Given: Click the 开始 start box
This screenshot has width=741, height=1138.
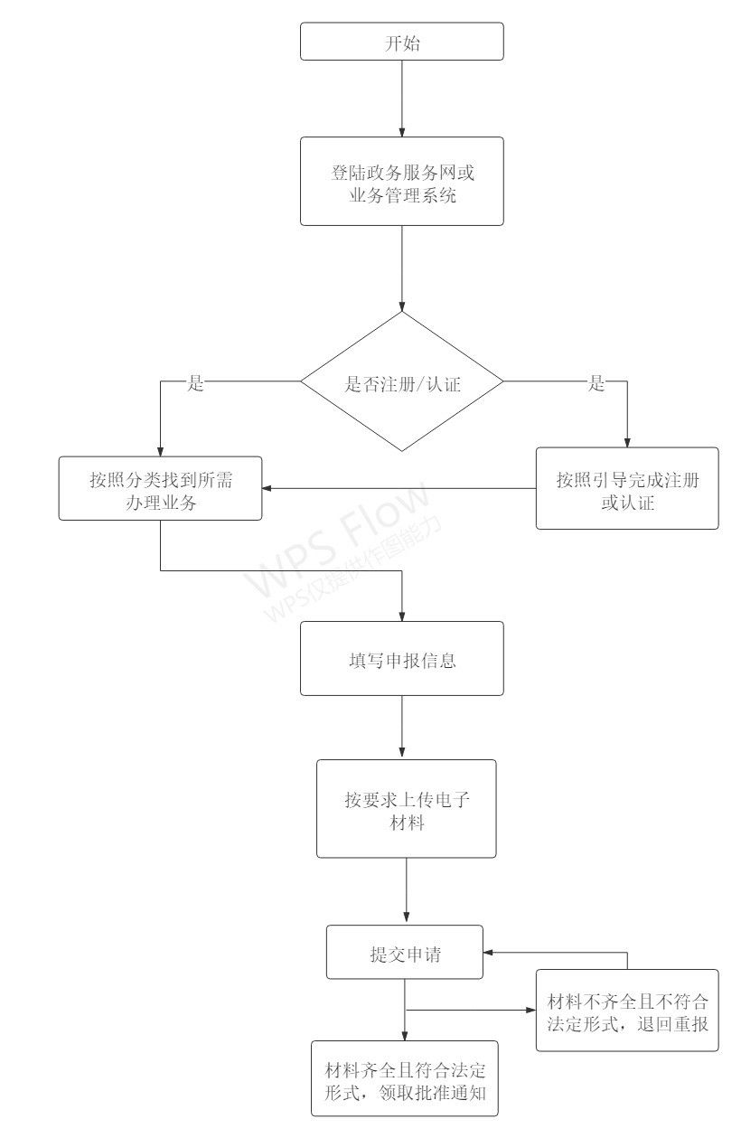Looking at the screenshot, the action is (402, 42).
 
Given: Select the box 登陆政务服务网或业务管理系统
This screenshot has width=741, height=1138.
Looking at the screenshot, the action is (402, 182).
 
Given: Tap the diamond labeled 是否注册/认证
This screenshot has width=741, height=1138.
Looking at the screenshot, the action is (402, 381).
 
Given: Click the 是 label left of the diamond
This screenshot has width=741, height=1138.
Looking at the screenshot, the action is (195, 383).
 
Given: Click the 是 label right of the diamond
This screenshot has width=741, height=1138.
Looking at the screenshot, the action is (596, 383).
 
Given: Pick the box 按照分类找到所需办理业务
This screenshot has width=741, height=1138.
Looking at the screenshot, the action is (161, 488).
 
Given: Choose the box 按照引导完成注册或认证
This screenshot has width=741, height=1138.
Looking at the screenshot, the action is (627, 488).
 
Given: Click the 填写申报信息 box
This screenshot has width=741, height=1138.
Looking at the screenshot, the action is (402, 658).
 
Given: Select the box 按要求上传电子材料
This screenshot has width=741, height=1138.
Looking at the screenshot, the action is (407, 809).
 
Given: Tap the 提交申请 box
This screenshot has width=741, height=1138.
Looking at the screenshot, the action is (405, 952).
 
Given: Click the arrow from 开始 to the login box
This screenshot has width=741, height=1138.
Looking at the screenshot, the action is (402, 99).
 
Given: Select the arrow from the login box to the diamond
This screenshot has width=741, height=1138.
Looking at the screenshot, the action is (402, 268).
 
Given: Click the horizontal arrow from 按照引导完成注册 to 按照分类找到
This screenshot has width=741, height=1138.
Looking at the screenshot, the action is (399, 488).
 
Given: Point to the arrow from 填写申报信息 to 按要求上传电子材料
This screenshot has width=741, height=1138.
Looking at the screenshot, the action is (402, 728).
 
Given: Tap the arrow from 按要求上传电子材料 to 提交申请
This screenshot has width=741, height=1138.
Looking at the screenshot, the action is (407, 891).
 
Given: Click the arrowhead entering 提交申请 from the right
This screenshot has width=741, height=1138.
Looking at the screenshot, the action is (488, 953).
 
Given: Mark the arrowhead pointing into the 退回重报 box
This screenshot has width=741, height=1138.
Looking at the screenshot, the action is (531, 1010).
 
